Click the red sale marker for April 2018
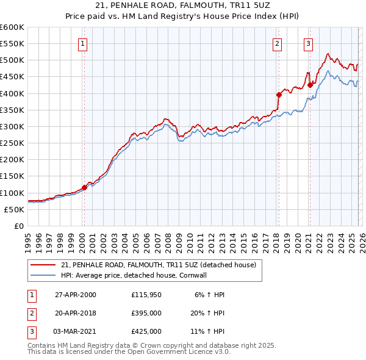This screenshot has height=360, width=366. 279,95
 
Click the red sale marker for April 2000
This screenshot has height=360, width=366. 85,187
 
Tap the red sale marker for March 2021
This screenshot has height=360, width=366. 310,85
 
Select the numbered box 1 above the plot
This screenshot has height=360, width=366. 82,43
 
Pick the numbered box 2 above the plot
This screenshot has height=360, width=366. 278,43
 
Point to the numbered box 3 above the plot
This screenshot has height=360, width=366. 309,43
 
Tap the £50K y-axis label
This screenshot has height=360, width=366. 15,209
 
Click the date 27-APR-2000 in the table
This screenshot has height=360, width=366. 76,294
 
